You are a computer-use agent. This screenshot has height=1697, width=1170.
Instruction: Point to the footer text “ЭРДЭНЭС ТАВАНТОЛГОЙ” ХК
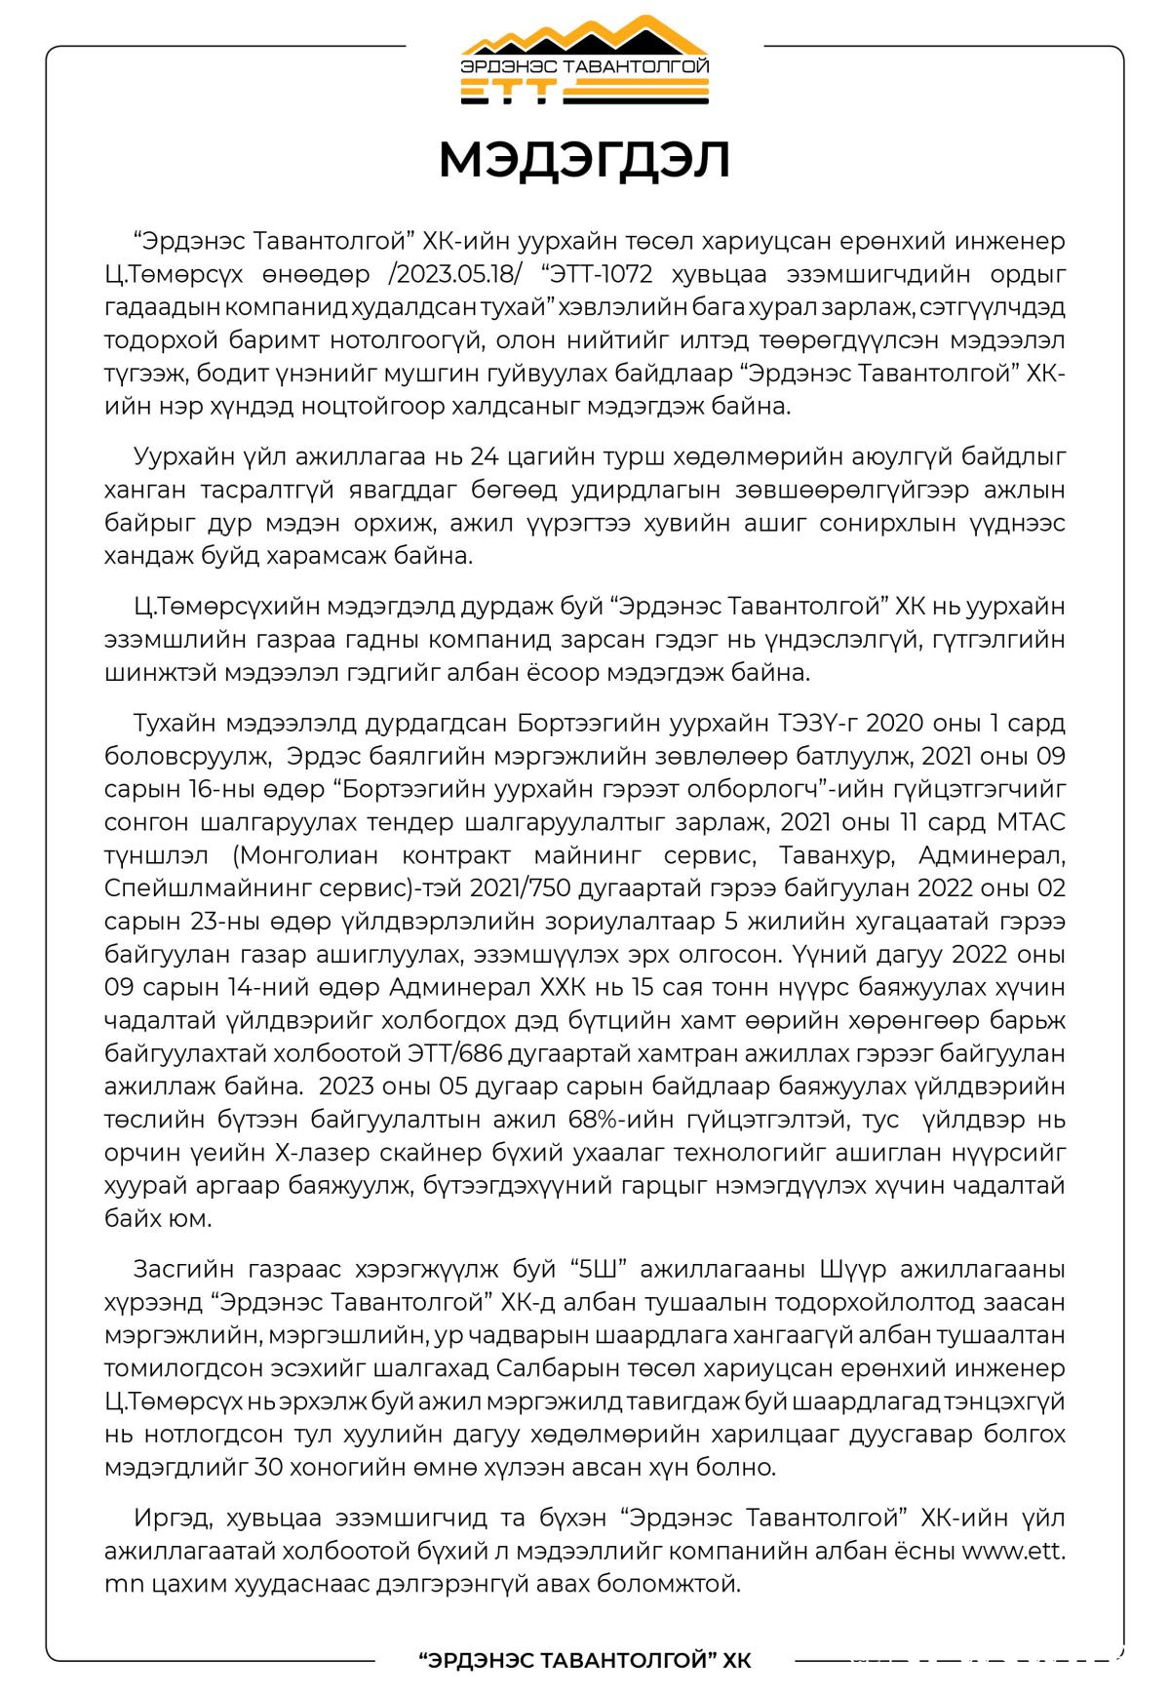click(584, 1661)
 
